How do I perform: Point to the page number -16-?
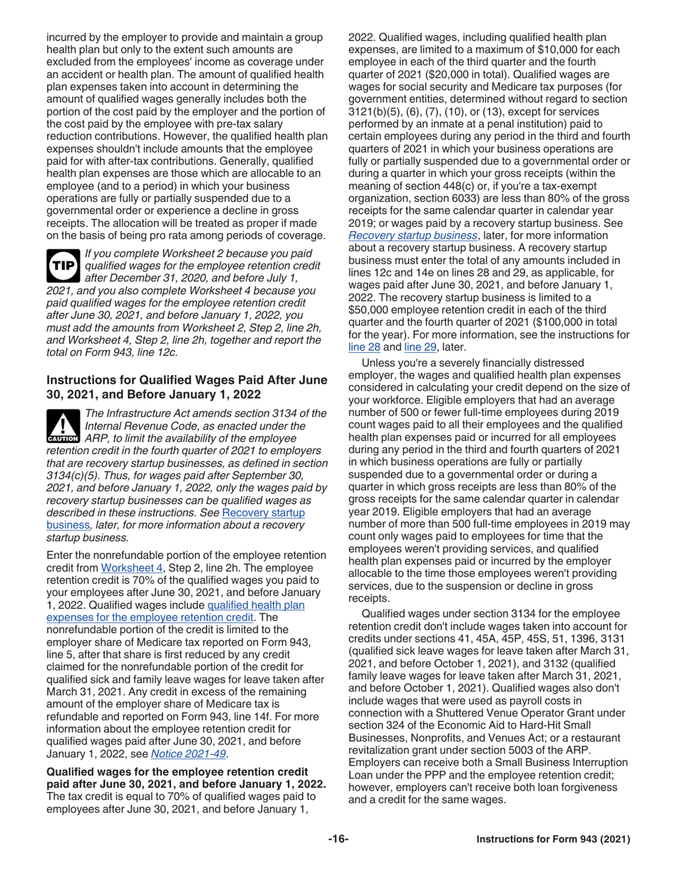338,839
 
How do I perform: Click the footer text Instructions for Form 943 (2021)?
553,839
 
